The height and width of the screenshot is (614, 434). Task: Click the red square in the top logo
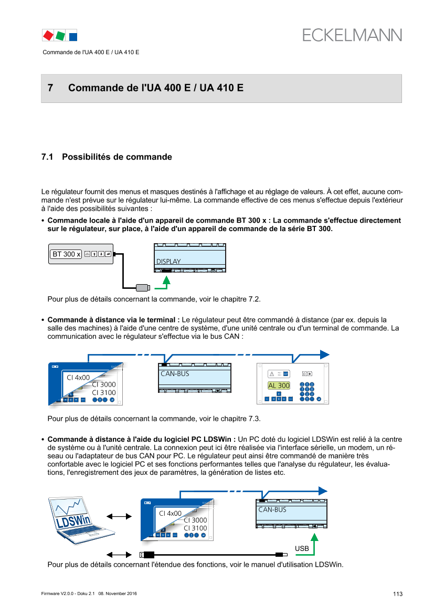coord(48,35)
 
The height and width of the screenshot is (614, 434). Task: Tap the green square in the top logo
coord(60,35)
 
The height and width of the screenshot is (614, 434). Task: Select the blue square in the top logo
coord(73,36)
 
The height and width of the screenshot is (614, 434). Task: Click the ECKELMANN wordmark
coord(352,35)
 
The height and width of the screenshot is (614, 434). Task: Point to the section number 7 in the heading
coord(50,88)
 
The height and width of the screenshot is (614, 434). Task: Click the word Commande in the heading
coord(92,88)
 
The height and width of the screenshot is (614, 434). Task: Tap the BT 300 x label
coord(66,254)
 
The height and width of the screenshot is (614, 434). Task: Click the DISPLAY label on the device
coord(168,262)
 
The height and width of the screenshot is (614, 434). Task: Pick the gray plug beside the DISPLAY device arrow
coord(143,288)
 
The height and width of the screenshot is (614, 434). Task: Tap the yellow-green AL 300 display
coord(279,386)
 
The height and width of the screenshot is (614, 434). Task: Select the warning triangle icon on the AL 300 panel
coord(272,374)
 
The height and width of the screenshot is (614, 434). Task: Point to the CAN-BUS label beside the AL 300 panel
coord(174,374)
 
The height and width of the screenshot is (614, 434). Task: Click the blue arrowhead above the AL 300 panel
coord(325,353)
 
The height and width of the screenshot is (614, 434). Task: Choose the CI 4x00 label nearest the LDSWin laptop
coord(170,513)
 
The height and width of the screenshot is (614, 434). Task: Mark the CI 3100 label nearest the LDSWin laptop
coord(195,528)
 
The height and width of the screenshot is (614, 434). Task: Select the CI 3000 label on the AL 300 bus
coord(103,384)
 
